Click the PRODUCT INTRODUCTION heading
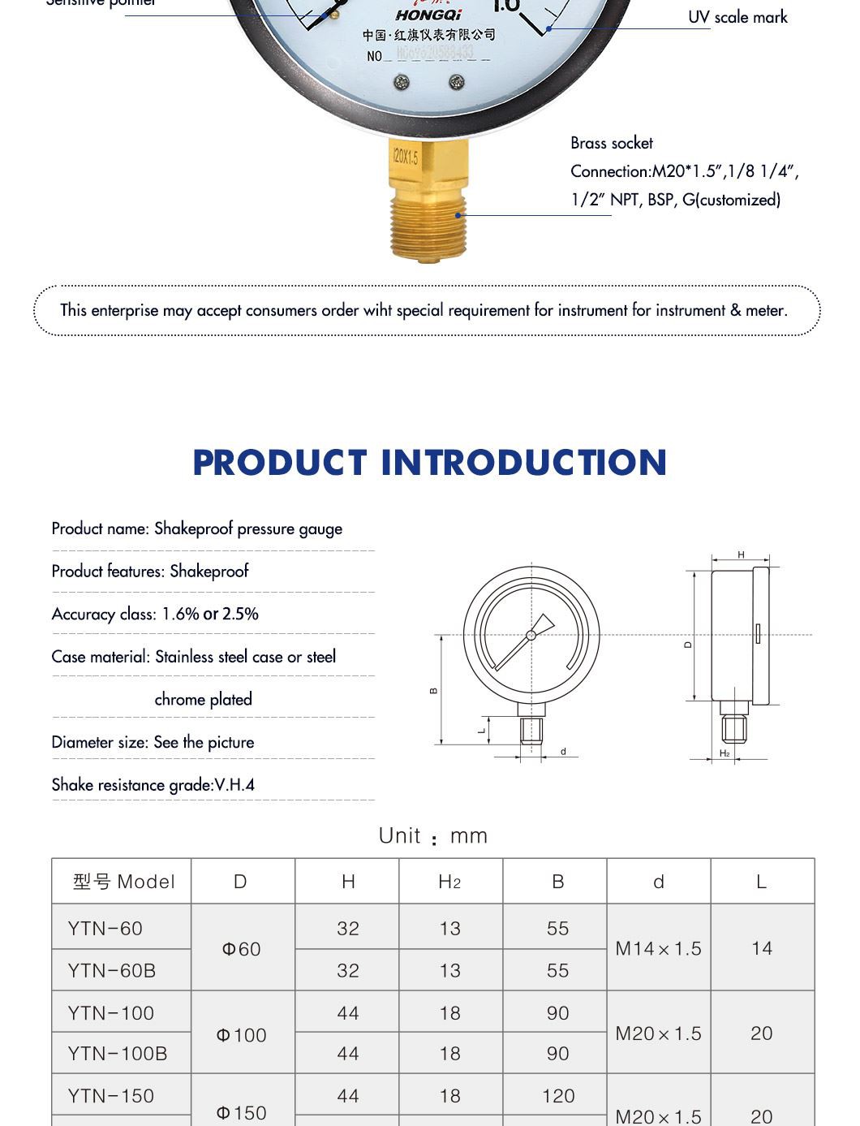pos(429,463)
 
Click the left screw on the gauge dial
pos(402,82)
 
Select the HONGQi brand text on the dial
pos(428,15)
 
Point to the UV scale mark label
pos(737,17)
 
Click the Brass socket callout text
pos(612,144)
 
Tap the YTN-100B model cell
pos(118,1054)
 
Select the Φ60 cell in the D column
pos(242,949)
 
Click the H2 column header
pos(449,882)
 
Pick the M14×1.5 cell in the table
pos(658,949)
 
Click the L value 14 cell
pos(762,949)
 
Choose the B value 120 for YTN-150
pos(558,1096)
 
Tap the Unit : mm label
pos(432,836)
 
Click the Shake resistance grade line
pos(153,785)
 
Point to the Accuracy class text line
pos(155,614)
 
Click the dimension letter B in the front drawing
pos(434,691)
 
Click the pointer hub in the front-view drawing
pos(531,635)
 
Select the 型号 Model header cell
pos(123,882)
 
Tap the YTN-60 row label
pos(105,928)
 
